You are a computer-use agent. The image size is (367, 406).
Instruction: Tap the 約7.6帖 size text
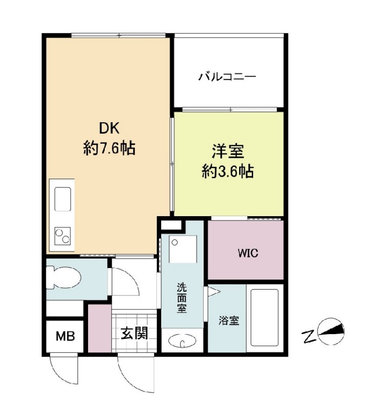click(x=109, y=148)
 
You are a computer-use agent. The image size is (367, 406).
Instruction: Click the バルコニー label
click(x=227, y=77)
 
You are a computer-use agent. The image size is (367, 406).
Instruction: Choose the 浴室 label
click(x=228, y=321)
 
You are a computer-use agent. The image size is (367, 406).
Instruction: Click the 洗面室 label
click(x=183, y=298)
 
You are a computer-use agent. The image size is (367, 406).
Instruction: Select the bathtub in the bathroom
click(x=264, y=318)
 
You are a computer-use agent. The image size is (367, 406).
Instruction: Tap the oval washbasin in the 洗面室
click(x=183, y=340)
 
